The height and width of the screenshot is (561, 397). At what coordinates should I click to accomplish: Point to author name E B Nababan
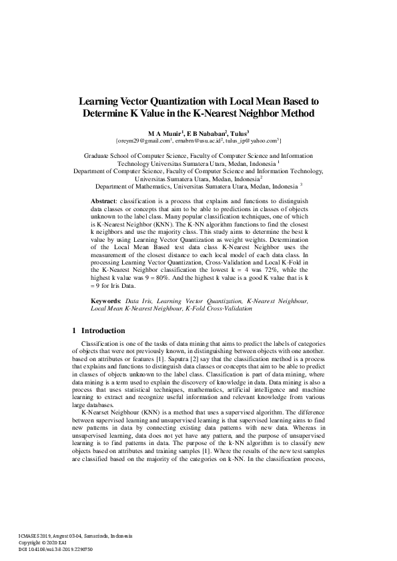pos(208,133)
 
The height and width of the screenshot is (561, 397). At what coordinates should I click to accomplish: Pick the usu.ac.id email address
pos(198,141)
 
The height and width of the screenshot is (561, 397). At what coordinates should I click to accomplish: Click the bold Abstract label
pos(103,199)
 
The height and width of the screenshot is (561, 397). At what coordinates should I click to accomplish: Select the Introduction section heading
pos(103,330)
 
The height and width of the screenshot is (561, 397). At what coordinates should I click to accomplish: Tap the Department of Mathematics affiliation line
pos(199,187)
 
